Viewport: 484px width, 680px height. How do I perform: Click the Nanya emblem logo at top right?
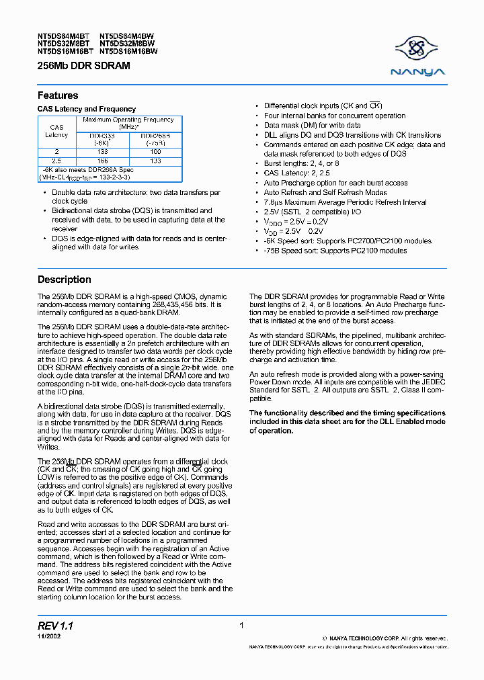click(x=419, y=49)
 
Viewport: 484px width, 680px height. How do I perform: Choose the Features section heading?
click(x=58, y=95)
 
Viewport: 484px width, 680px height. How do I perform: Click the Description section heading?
click(x=65, y=280)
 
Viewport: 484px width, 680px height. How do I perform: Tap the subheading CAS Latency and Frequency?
click(x=86, y=109)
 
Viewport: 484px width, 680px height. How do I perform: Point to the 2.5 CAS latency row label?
click(x=57, y=161)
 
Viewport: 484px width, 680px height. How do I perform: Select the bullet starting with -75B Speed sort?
click(x=335, y=251)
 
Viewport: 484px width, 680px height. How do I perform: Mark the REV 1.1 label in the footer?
click(x=55, y=626)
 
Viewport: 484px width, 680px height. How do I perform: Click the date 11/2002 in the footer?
click(x=48, y=636)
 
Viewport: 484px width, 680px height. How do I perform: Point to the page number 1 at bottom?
click(x=241, y=626)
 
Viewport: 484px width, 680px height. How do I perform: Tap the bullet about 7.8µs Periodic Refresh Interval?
click(x=345, y=202)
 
